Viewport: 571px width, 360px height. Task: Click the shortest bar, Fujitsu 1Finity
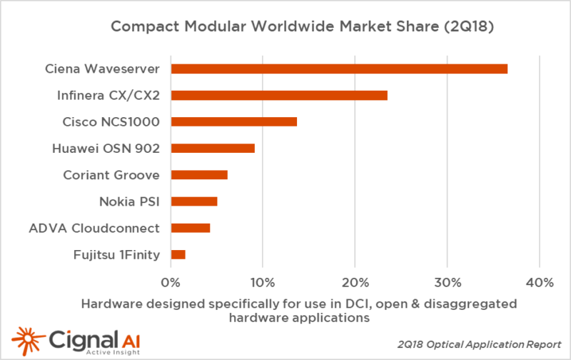178,254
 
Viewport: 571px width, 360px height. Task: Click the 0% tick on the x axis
171,282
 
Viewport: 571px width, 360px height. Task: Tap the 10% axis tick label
262,282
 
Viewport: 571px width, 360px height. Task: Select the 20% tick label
354,282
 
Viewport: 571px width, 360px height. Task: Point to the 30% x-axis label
446,282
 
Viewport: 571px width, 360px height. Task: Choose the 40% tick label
538,282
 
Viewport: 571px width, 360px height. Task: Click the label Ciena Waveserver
101,69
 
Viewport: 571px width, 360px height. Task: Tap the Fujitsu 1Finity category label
116,254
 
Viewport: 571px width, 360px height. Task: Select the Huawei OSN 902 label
106,148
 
